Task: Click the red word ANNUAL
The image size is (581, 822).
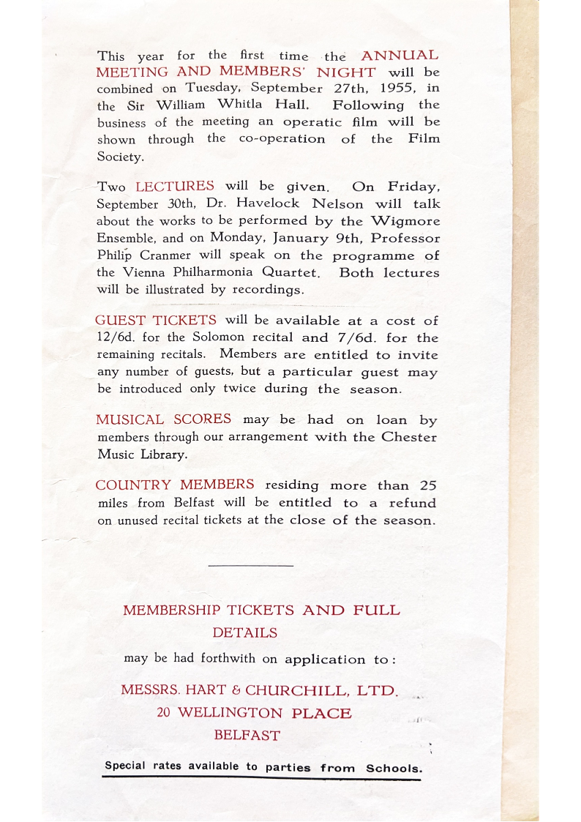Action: pyautogui.click(x=400, y=56)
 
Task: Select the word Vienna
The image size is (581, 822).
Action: pyautogui.click(x=146, y=272)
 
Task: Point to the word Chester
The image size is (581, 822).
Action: pyautogui.click(x=409, y=437)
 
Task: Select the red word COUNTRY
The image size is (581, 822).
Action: pyautogui.click(x=133, y=485)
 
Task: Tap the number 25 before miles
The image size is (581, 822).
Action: pyautogui.click(x=428, y=485)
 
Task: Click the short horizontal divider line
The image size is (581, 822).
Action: pyautogui.click(x=250, y=566)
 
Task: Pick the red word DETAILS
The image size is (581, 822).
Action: pyautogui.click(x=245, y=632)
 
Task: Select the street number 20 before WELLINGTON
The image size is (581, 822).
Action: pyautogui.click(x=165, y=713)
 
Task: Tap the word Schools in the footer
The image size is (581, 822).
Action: pyautogui.click(x=394, y=769)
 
